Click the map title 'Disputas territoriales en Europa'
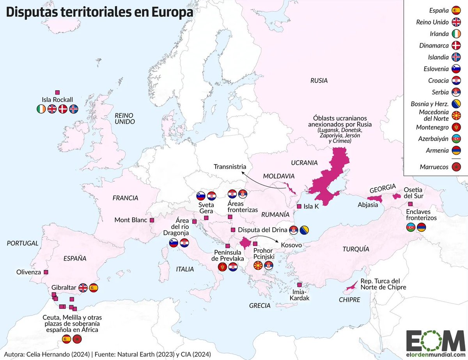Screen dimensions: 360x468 pos(99,12)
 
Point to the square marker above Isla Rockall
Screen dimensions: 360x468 pos(57,92)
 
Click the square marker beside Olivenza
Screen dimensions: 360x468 pos(46,272)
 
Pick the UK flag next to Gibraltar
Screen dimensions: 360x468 pos(83,288)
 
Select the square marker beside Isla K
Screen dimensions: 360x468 pos(299,206)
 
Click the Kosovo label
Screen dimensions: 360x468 pos(291,245)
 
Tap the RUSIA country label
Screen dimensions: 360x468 pos(319,81)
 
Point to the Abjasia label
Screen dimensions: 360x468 pos(368,205)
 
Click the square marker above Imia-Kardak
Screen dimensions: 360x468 pos(299,285)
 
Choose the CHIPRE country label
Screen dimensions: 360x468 pos(349,300)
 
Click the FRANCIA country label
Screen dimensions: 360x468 pos(125,198)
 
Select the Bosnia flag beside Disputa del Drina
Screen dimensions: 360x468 pos(304,230)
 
